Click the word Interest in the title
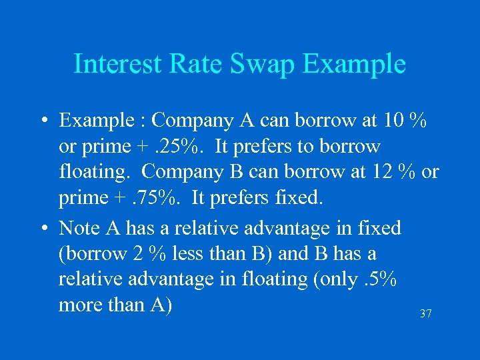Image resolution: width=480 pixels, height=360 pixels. click(x=116, y=64)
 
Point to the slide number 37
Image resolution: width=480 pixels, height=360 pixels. click(x=425, y=313)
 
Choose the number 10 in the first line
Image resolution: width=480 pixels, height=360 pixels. click(x=394, y=121)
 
